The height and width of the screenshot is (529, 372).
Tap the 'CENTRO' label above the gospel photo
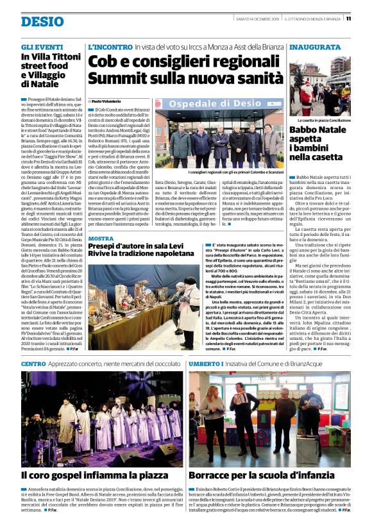click(x=33, y=364)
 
